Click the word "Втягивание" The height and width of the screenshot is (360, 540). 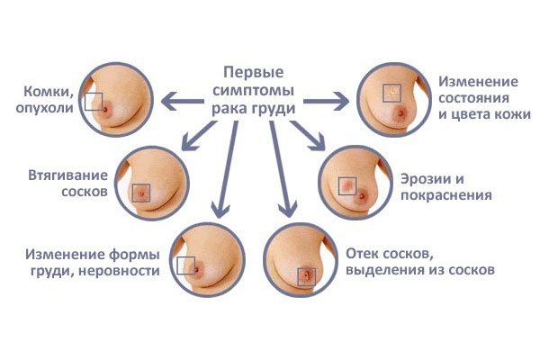(x=67, y=175)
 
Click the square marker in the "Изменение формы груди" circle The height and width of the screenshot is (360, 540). (x=186, y=266)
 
